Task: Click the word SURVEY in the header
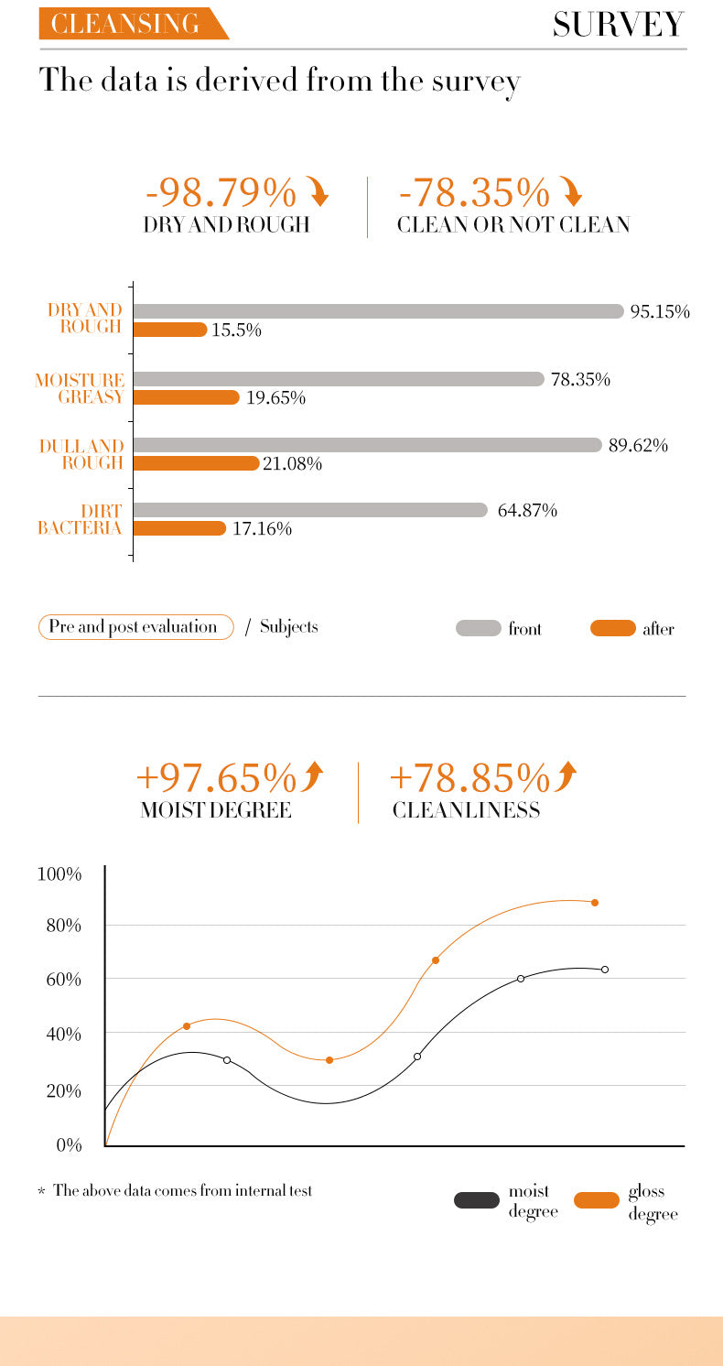point(618,25)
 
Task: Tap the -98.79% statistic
point(221,193)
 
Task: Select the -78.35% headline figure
point(475,193)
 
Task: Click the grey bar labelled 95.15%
point(378,311)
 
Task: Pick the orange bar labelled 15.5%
point(170,330)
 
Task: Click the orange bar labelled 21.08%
point(197,463)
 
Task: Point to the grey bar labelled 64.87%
point(310,510)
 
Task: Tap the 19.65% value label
point(275,397)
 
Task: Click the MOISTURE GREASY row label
point(81,388)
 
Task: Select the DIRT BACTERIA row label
point(81,519)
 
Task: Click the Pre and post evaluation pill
point(135,627)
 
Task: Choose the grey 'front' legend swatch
point(478,628)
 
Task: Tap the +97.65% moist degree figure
point(216,778)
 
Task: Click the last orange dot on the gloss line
point(595,903)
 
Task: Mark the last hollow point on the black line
point(605,970)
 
